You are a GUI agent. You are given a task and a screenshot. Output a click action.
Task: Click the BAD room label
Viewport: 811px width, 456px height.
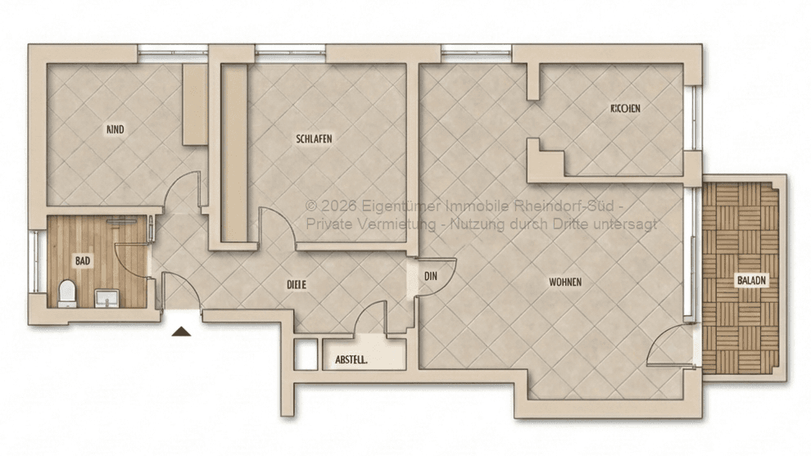click(x=83, y=261)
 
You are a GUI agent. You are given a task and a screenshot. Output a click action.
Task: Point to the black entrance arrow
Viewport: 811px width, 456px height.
click(x=181, y=331)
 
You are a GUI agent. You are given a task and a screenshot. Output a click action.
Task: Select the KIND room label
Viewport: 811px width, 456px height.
click(x=116, y=129)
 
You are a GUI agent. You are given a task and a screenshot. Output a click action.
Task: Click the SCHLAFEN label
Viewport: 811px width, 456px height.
click(x=314, y=139)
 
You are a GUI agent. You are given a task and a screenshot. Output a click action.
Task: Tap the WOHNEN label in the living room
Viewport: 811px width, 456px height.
click(x=565, y=282)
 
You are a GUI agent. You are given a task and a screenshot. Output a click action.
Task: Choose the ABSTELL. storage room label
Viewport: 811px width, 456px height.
click(x=351, y=359)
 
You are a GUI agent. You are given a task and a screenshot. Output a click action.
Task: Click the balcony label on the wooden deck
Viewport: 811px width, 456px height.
click(x=751, y=280)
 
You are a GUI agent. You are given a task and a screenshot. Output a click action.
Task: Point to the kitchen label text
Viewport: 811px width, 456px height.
click(x=625, y=109)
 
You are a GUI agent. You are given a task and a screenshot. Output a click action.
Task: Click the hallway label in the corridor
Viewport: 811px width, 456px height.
click(x=296, y=284)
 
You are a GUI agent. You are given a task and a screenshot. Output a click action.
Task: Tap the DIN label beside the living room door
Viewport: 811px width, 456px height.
click(x=432, y=277)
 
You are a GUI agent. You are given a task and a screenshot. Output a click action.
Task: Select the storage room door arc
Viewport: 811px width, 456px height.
click(x=373, y=318)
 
